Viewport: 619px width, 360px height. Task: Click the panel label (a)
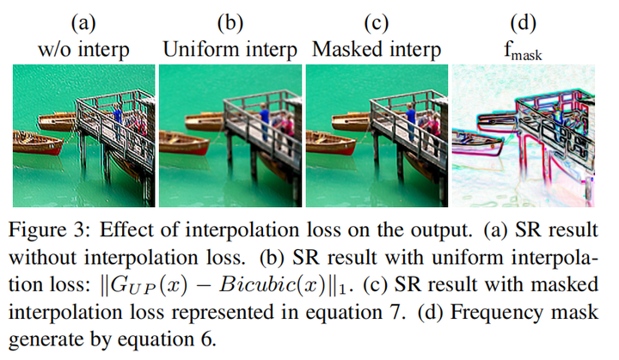point(83,21)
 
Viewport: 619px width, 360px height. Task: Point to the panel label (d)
point(523,21)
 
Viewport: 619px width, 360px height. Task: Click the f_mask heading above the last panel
point(523,50)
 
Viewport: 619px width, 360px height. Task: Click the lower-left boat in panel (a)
point(38,142)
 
